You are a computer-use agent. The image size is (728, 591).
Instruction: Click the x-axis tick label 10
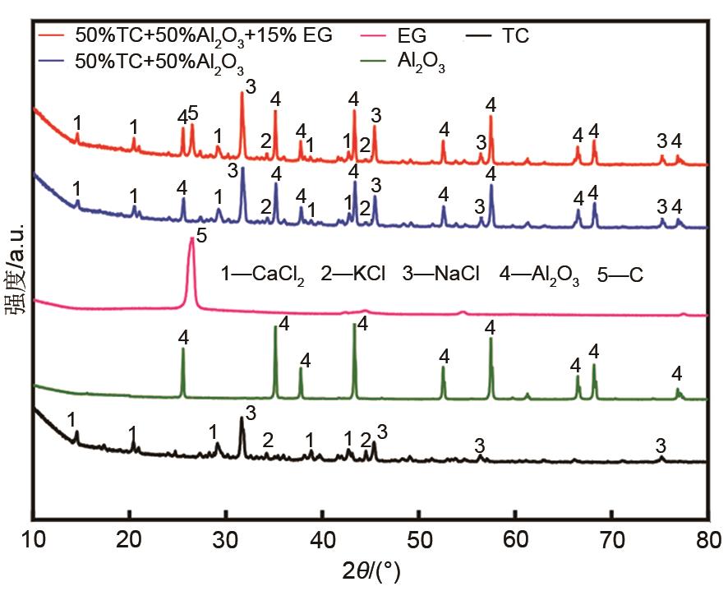coord(32,539)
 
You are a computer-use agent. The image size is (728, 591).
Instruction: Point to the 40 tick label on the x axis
coord(322,539)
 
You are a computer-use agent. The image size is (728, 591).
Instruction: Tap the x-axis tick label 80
coord(707,539)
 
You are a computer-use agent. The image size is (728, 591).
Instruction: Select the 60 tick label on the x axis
coord(515,539)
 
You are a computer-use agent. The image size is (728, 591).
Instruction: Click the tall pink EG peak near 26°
coord(191,247)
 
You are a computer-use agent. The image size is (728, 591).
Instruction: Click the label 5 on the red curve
coord(193,112)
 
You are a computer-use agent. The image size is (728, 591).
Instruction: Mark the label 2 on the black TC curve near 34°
coord(267,439)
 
